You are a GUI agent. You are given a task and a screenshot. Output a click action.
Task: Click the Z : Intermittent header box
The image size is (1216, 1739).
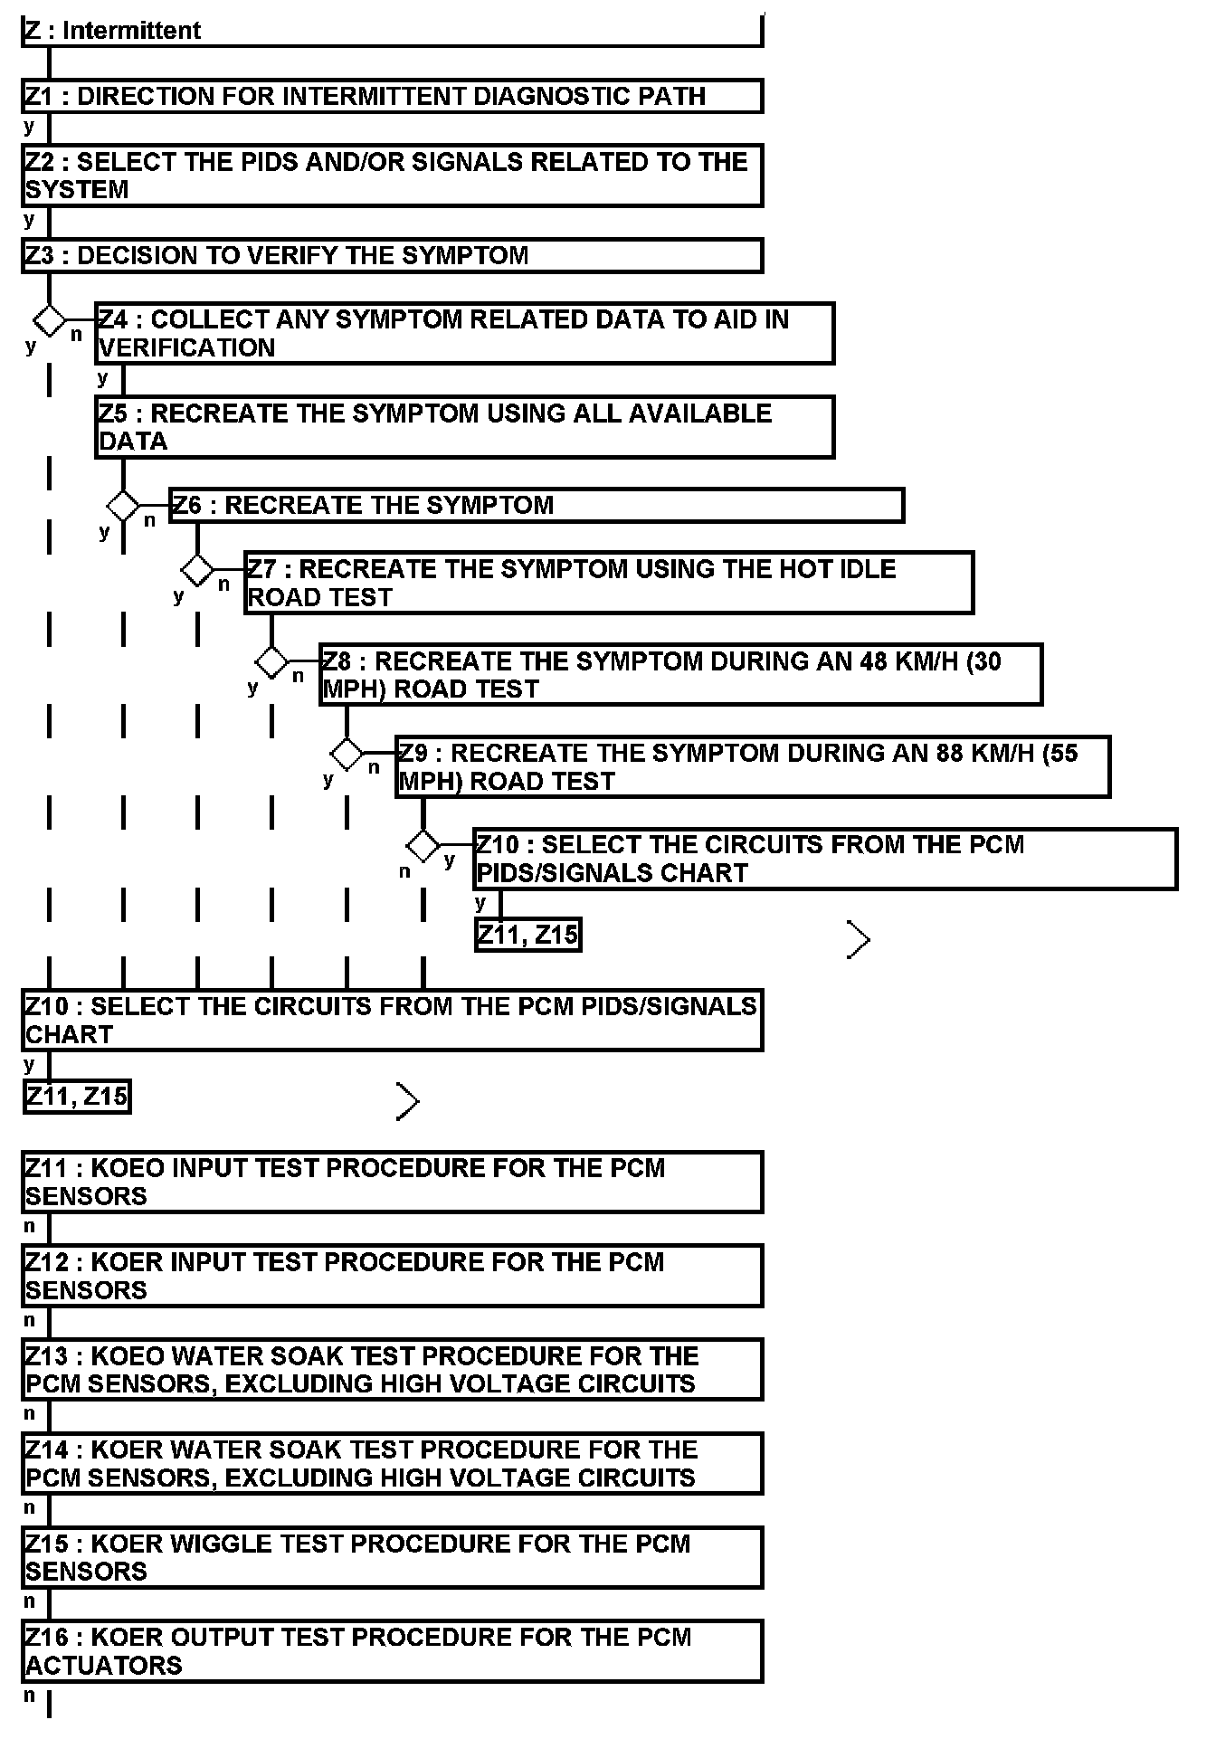tap(392, 30)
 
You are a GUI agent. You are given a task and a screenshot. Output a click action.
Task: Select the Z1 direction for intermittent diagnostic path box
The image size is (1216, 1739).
tap(392, 96)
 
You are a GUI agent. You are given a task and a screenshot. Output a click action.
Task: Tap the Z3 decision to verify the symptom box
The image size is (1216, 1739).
tap(392, 255)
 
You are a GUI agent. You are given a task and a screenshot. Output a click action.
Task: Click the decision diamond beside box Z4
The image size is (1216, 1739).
tap(50, 319)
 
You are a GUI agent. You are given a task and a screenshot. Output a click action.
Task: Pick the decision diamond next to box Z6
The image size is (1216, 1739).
tap(123, 505)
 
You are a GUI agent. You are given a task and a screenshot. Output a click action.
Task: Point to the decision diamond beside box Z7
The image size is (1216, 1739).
tap(197, 570)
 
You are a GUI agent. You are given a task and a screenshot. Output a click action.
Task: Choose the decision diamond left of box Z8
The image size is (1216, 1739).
tap(271, 661)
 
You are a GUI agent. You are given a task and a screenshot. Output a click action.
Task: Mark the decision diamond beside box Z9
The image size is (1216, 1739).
tap(347, 753)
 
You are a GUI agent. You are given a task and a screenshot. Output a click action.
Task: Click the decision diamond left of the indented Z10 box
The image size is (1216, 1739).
tap(423, 845)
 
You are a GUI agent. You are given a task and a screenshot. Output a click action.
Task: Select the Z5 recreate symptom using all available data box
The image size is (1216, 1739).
tap(464, 427)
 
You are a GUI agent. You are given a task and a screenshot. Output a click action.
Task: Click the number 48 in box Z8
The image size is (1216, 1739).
tap(874, 661)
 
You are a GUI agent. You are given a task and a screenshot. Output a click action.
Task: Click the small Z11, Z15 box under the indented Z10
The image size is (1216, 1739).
tap(527, 935)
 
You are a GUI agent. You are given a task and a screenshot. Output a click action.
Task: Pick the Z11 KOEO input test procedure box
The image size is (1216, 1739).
tap(392, 1182)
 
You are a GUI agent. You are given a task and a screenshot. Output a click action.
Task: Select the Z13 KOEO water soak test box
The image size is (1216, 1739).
tap(392, 1370)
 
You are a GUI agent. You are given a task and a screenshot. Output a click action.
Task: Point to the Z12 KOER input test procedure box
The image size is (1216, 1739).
tap(392, 1276)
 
